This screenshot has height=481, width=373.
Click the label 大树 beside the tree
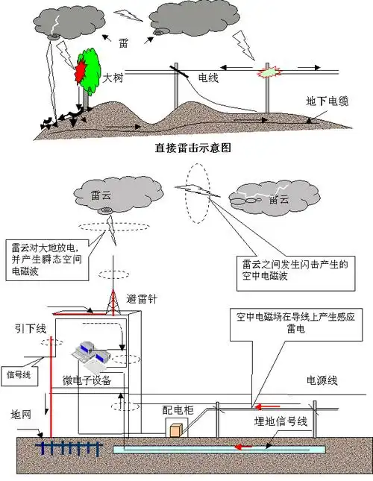click(113, 77)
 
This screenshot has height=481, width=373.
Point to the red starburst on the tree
click(80, 71)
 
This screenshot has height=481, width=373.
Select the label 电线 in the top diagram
click(208, 77)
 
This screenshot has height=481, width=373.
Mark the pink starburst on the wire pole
click(267, 74)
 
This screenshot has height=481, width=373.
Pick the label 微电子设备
click(87, 381)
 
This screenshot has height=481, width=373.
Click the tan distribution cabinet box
click(177, 431)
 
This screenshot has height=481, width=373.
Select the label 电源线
click(322, 380)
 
